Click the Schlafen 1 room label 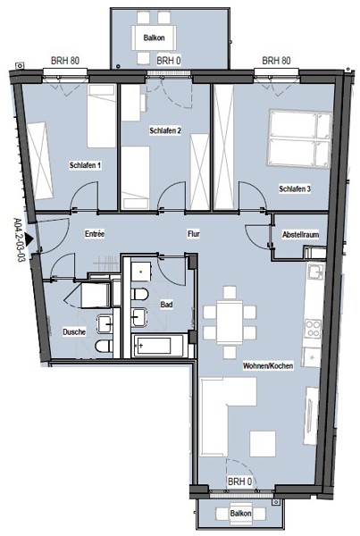pyautogui.click(x=85, y=165)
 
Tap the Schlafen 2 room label pyautogui.click(x=165, y=130)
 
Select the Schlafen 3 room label pyautogui.click(x=295, y=188)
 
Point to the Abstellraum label pyautogui.click(x=300, y=234)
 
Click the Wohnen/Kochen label pyautogui.click(x=268, y=365)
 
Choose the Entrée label pyautogui.click(x=95, y=234)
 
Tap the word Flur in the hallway pyautogui.click(x=194, y=234)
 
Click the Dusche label pyautogui.click(x=74, y=331)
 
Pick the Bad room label pyautogui.click(x=166, y=305)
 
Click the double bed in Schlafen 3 pyautogui.click(x=300, y=138)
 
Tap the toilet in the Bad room pyautogui.click(x=140, y=294)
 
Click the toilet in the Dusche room pyautogui.click(x=105, y=346)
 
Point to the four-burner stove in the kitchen pyautogui.click(x=313, y=328)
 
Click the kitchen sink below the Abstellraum pyautogui.click(x=314, y=272)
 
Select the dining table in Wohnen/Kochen pyautogui.click(x=230, y=322)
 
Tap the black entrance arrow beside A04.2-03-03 pyautogui.click(x=29, y=239)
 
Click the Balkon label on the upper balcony pyautogui.click(x=154, y=38)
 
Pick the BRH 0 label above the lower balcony pyautogui.click(x=239, y=482)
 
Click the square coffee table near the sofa pyautogui.click(x=263, y=443)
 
